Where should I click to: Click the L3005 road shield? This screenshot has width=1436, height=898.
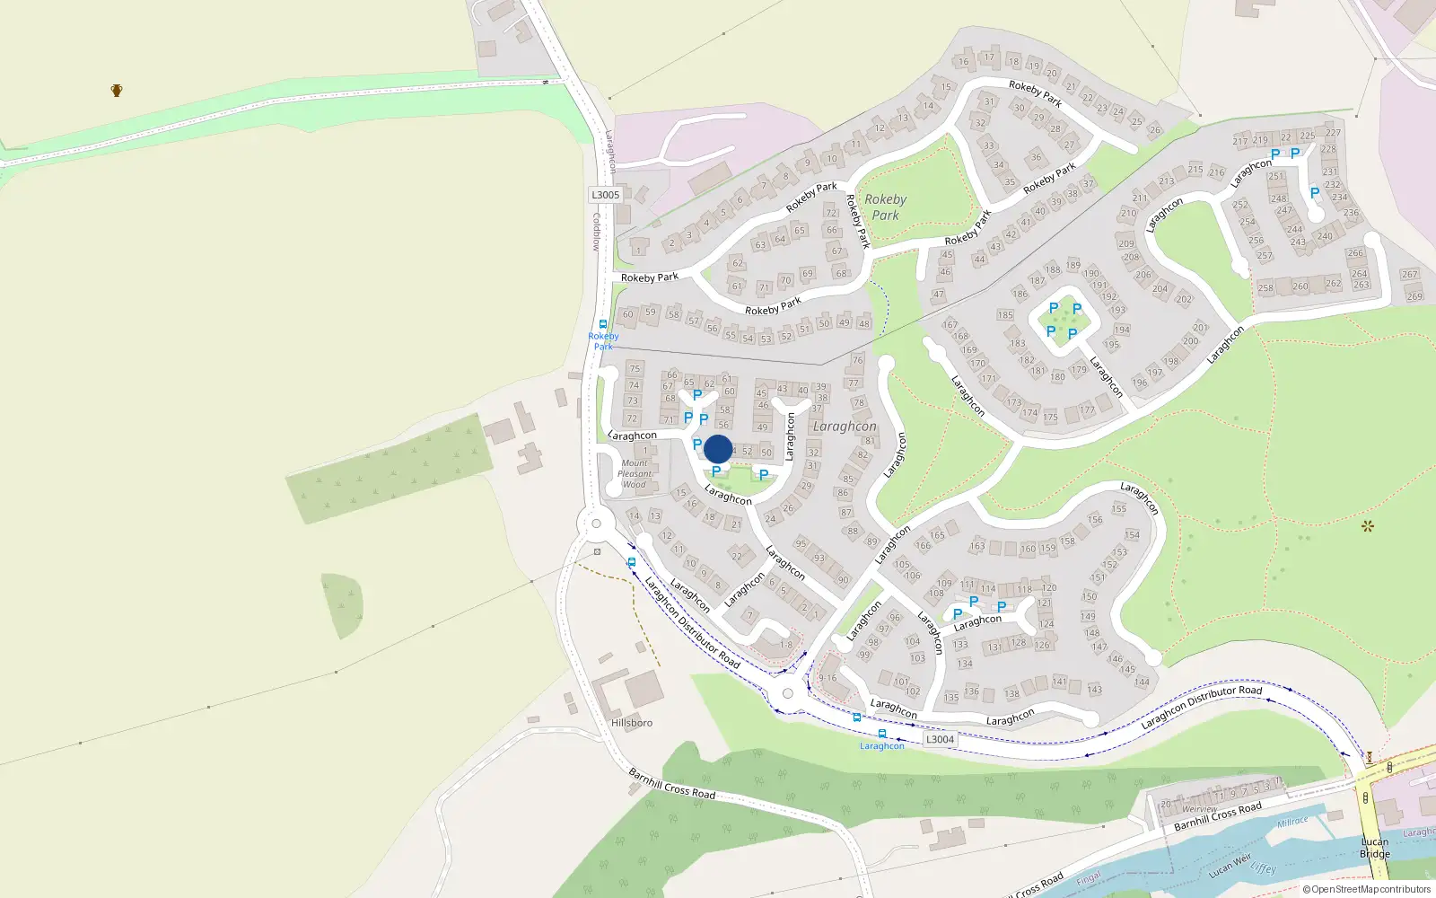point(605,195)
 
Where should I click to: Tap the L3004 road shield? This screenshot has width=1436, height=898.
point(940,739)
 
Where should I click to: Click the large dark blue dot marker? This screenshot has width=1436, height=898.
point(718,449)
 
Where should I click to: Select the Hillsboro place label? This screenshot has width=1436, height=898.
point(632,723)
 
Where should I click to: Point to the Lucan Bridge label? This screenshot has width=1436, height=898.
point(1375,848)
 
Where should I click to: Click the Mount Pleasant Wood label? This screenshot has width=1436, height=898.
point(635,474)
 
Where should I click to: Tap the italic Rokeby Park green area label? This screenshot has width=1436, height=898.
point(885,207)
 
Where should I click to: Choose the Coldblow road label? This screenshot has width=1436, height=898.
point(596,232)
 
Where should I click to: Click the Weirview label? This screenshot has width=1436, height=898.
point(1200,809)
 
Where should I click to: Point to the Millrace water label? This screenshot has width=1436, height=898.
point(1292,822)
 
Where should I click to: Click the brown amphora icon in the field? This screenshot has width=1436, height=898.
point(117,90)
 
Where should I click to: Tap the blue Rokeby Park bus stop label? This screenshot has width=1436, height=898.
point(603,341)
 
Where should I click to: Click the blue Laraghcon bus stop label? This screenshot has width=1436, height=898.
point(882,746)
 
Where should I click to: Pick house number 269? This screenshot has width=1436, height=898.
point(1414,296)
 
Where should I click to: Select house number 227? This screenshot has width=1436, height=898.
point(1334,133)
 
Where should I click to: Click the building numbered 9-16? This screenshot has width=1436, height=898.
point(827,678)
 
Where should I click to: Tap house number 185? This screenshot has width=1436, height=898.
point(1005,315)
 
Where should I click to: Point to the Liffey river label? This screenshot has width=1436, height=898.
point(1263,868)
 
